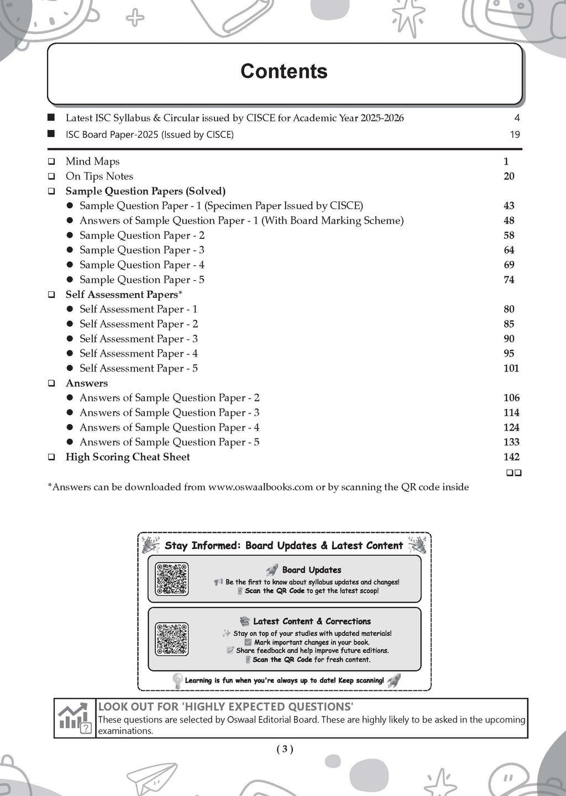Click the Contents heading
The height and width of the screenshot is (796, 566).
click(x=284, y=71)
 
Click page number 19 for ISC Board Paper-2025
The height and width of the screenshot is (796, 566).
click(x=515, y=134)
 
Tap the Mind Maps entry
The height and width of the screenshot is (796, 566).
click(x=92, y=161)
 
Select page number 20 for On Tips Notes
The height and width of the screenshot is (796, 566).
click(x=509, y=176)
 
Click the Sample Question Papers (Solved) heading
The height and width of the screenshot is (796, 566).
click(x=145, y=191)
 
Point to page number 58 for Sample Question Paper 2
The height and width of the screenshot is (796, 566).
click(x=509, y=235)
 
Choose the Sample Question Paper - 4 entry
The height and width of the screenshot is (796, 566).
click(x=141, y=265)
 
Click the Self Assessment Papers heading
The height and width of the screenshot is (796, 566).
click(x=123, y=295)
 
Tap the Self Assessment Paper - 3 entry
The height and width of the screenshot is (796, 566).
click(x=138, y=339)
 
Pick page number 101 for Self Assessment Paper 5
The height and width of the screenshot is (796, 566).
click(x=511, y=368)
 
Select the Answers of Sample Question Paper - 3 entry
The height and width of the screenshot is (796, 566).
click(x=169, y=412)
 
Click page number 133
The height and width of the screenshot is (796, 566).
click(x=511, y=442)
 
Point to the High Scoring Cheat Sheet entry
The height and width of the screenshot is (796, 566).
click(x=128, y=457)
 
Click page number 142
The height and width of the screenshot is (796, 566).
click(x=511, y=457)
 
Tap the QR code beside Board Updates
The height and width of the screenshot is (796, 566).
click(x=172, y=579)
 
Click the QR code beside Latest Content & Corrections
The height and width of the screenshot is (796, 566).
click(x=172, y=639)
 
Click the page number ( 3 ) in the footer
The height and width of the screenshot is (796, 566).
click(x=284, y=749)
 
